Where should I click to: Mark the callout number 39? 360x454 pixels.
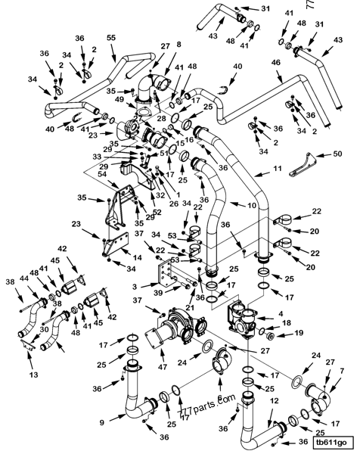pos(158,293)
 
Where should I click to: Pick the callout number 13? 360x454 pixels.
pos(32,374)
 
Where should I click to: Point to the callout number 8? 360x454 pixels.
pos(178,45)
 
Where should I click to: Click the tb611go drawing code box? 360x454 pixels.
pos(330,442)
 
